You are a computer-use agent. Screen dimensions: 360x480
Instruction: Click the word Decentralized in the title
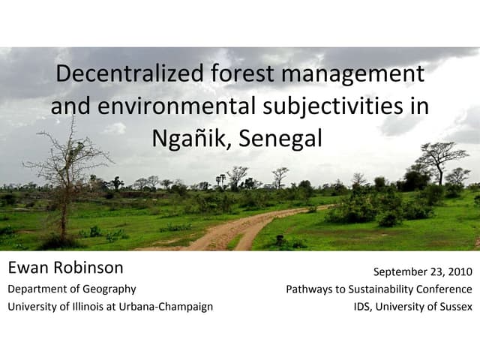coord(128,74)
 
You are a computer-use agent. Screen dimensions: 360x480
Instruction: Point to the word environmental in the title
coord(175,106)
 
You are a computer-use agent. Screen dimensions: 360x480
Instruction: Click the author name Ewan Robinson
coord(65,268)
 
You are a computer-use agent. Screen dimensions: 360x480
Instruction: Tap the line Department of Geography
coord(72,289)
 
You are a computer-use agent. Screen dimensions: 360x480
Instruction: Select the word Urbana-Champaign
coord(164,306)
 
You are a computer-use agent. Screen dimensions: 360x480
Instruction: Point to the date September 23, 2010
coord(422,270)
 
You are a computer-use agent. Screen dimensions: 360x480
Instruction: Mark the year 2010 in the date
coord(457,270)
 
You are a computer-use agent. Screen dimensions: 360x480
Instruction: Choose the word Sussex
coord(454,306)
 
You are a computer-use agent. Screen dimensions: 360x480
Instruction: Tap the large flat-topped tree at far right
coord(440,157)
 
